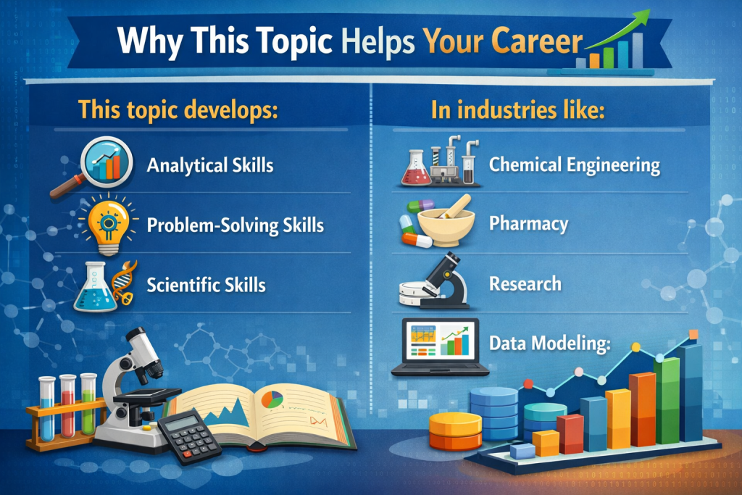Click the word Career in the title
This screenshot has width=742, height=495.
tap(537, 41)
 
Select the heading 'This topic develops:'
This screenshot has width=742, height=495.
tap(178, 109)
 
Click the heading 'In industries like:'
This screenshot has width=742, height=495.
tap(517, 109)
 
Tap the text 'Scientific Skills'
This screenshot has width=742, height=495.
tap(207, 285)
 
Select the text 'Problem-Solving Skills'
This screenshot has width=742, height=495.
tap(235, 225)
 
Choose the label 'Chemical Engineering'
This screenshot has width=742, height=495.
tap(575, 165)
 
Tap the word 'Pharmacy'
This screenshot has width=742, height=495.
tap(528, 223)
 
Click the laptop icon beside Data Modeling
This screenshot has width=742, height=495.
tap(440, 347)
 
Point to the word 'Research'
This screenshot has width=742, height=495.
tap(525, 283)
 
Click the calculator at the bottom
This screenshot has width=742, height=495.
tap(190, 438)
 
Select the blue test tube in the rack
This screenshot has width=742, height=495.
tap(47, 408)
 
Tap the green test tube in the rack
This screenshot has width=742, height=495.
tap(88, 404)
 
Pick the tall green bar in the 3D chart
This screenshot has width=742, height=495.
tap(667, 400)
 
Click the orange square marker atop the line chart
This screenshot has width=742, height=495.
tap(693, 335)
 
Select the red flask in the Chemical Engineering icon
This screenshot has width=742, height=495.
tap(416, 169)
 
